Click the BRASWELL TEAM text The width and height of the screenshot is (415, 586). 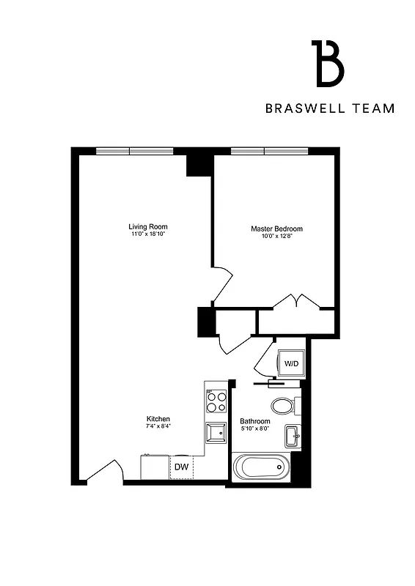(330, 108)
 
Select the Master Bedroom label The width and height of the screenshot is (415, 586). (276, 229)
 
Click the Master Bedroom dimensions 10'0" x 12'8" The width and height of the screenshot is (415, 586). (276, 237)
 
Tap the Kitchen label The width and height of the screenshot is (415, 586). (158, 419)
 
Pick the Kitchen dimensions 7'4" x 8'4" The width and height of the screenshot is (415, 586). (158, 426)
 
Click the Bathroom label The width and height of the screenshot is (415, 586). (255, 421)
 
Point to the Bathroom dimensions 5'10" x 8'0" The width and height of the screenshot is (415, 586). (255, 429)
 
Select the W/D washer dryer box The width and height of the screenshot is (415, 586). (290, 363)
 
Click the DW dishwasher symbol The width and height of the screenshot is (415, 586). (180, 467)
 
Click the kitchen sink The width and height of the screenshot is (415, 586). (216, 433)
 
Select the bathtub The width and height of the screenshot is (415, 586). (260, 467)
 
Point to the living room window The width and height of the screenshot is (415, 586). (134, 151)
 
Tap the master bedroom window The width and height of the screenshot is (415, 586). (265, 151)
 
